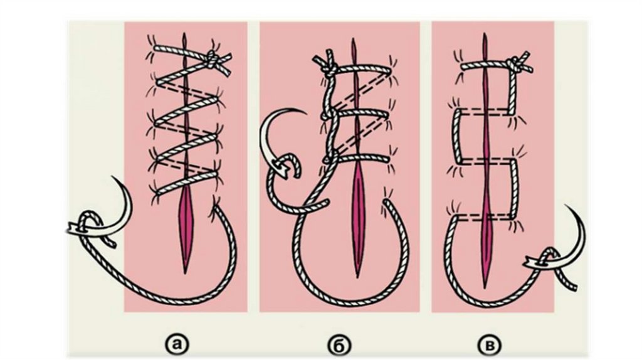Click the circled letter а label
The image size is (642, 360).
pyautogui.click(x=177, y=346)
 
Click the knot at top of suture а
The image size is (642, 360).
pyautogui.click(x=212, y=59)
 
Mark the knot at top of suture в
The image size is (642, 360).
pyautogui.click(x=513, y=63)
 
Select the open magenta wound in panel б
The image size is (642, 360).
pyautogui.click(x=358, y=221)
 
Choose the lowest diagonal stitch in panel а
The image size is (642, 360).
pyautogui.click(x=186, y=181)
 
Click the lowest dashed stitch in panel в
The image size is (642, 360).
pyautogui.click(x=485, y=217)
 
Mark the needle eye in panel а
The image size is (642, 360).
pyautogui.click(x=76, y=228)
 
